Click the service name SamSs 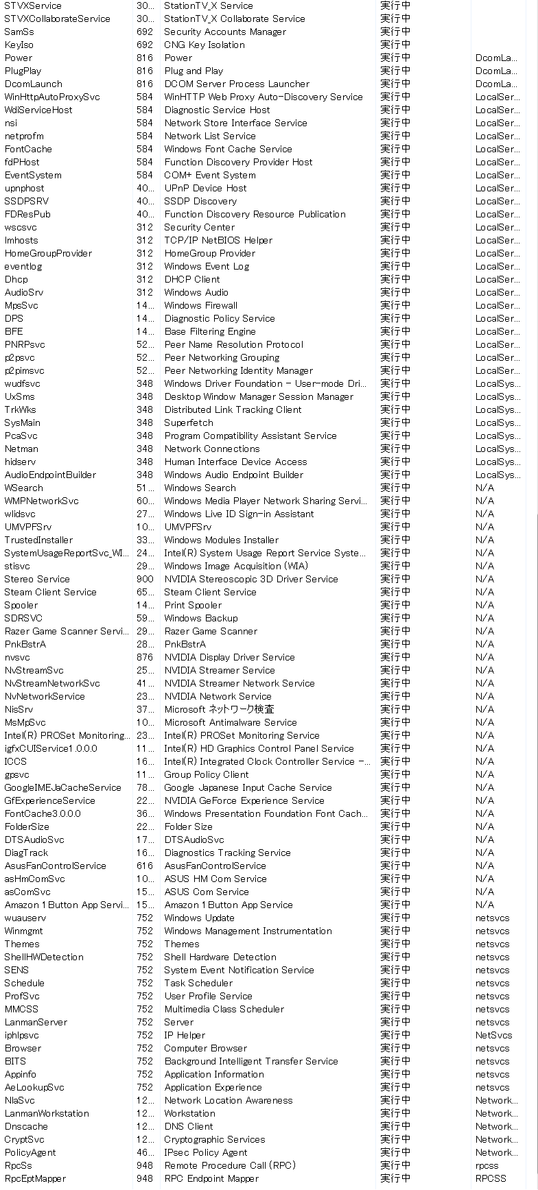pyautogui.click(x=19, y=32)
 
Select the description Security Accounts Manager pyautogui.click(x=225, y=32)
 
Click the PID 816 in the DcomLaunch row pyautogui.click(x=145, y=84)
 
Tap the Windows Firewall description pyautogui.click(x=200, y=305)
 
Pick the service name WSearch pyautogui.click(x=23, y=488)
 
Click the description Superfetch pyautogui.click(x=189, y=423)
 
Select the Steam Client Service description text pyautogui.click(x=210, y=592)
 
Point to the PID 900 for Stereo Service pyautogui.click(x=145, y=579)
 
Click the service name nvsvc pyautogui.click(x=17, y=657)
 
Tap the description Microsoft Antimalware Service pyautogui.click(x=231, y=722)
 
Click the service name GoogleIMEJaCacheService pyautogui.click(x=62, y=787)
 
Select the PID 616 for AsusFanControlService pyautogui.click(x=145, y=866)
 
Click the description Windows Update pyautogui.click(x=199, y=918)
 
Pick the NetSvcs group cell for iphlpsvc pyautogui.click(x=493, y=1035)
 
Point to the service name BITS pyautogui.click(x=15, y=1061)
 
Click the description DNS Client pyautogui.click(x=189, y=1126)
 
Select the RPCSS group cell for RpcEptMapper pyautogui.click(x=491, y=1178)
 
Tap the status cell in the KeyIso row pyautogui.click(x=395, y=45)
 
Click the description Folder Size pyautogui.click(x=189, y=826)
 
